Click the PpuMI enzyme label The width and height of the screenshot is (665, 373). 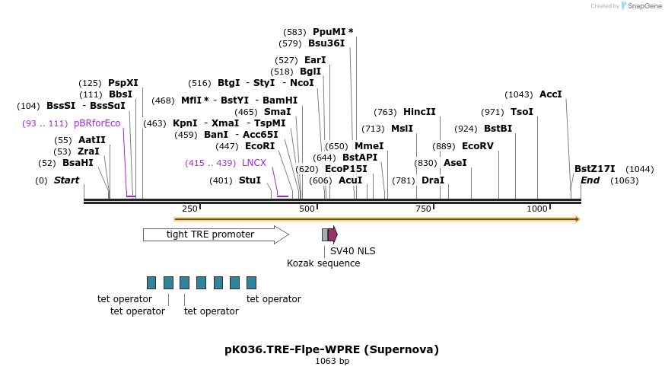pos(329,32)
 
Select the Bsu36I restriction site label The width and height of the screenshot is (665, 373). pos(326,43)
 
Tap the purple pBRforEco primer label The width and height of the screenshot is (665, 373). pos(97,123)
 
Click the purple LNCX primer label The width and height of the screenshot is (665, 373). pos(254,163)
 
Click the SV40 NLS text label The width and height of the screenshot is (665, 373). pos(352,251)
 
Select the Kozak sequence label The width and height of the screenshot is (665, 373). pos(323,263)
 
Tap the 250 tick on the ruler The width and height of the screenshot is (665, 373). pos(189,209)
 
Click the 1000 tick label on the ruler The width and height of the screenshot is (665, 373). pos(537,209)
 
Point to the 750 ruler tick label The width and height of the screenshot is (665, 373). pos(422,209)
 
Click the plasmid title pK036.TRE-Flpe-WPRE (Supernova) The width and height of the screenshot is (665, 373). pos(332,349)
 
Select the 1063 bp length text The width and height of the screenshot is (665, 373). pos(332,362)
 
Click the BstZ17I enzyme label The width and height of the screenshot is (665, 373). pos(594,169)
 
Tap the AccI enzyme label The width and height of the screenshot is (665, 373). pos(550,94)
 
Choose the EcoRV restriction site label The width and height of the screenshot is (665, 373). pos(478,146)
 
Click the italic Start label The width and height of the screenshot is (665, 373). pos(66,180)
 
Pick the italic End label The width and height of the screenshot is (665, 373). pos(590,180)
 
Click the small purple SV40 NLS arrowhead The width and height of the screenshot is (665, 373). pos(332,234)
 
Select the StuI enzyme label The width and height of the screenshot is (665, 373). pos(250,180)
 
